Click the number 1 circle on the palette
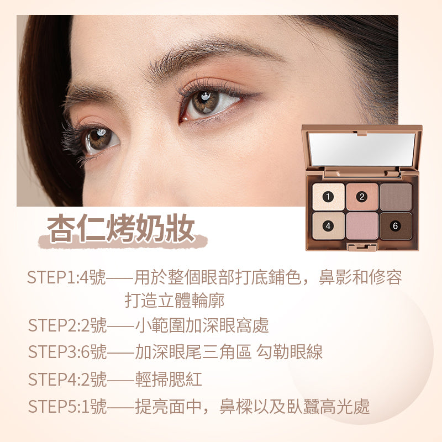[x=328, y=197]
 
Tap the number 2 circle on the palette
[x=362, y=197]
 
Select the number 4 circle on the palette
[x=328, y=226]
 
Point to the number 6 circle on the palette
[x=395, y=226]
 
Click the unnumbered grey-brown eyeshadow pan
[x=396, y=197]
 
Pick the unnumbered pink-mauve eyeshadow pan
[x=362, y=226]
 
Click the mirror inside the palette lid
[x=362, y=149]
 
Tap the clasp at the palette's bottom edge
[x=362, y=247]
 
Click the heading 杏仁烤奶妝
[x=121, y=228]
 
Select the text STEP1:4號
[x=66, y=277]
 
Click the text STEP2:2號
[x=67, y=325]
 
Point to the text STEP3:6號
[x=67, y=352]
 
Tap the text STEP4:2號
[x=67, y=379]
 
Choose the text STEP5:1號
[x=67, y=406]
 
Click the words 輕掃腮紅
[x=169, y=379]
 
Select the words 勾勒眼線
[x=290, y=352]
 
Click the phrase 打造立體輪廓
[x=175, y=300]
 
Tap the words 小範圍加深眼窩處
[x=202, y=325]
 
